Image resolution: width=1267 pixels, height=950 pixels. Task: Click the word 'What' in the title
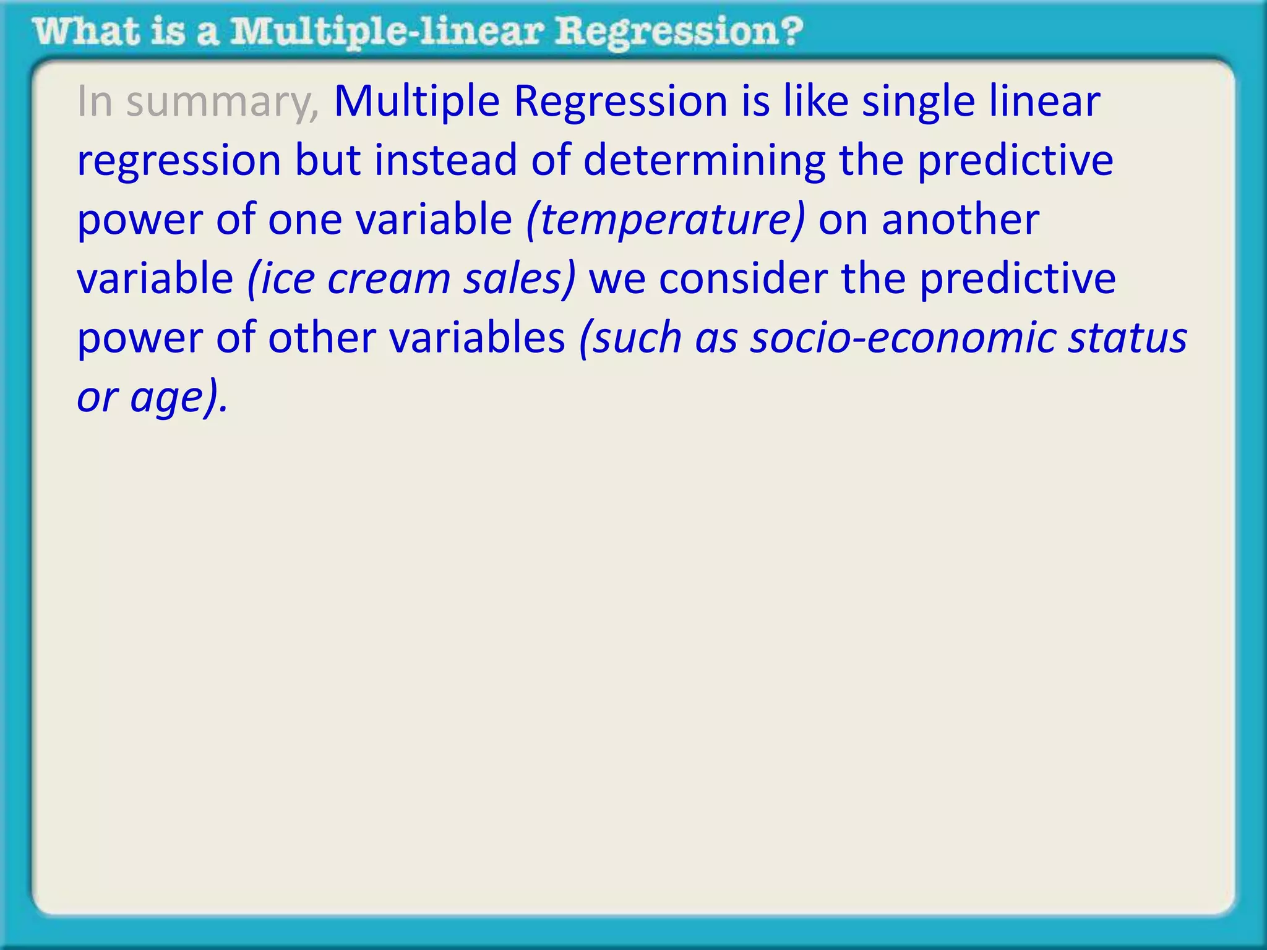click(x=87, y=32)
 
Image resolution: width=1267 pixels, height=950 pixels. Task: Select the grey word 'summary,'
click(x=223, y=102)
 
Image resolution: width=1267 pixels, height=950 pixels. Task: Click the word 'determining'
click(x=704, y=161)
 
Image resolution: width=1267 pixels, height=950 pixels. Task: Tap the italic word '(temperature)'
click(x=665, y=220)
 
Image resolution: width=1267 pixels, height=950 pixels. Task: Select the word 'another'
click(x=960, y=220)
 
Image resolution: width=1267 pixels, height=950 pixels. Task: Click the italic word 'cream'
click(x=389, y=279)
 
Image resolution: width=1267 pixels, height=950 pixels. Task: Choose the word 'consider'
click(x=743, y=279)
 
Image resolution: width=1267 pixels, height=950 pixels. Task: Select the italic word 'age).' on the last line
click(x=179, y=398)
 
